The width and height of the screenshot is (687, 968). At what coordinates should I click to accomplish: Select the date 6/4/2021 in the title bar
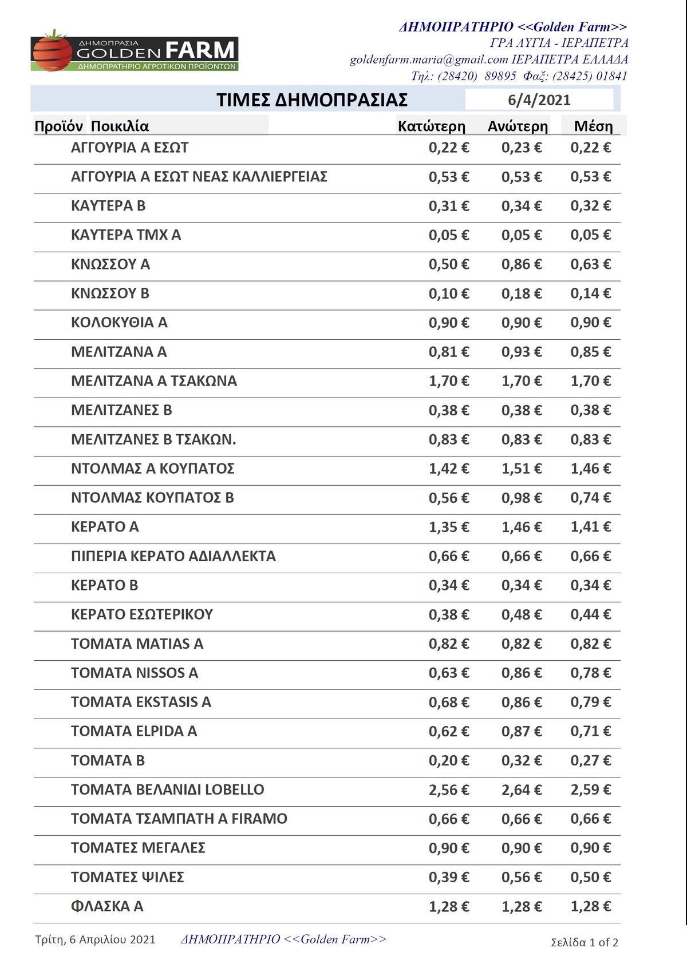pos(539,100)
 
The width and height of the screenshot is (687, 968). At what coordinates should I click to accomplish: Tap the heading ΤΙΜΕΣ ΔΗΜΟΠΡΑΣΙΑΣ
pos(312,100)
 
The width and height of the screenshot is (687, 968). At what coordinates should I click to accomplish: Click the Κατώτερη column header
pos(431,126)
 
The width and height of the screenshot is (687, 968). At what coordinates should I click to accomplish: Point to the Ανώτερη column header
pos(518,126)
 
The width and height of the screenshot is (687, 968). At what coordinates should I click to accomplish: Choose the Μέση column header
pos(593,126)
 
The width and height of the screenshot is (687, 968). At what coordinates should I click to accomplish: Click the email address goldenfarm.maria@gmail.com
pos(429,59)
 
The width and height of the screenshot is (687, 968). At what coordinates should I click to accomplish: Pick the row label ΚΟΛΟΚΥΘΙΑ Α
pos(119,323)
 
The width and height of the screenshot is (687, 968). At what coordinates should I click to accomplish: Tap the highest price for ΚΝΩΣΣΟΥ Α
pos(522,264)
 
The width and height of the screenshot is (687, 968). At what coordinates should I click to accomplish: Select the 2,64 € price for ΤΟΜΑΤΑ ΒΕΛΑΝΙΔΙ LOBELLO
pos(522,790)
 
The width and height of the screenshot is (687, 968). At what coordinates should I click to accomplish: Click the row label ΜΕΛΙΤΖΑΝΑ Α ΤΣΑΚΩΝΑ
pos(153,381)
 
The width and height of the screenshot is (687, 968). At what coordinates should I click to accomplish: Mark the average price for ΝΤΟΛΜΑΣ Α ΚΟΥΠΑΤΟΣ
pos(590,469)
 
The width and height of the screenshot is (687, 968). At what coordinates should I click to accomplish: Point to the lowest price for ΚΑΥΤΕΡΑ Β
pos(449,206)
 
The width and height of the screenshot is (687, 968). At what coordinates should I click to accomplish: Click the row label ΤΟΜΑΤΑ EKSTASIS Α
pos(141,702)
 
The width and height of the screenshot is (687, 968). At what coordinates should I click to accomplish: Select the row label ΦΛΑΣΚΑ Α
pos(107,907)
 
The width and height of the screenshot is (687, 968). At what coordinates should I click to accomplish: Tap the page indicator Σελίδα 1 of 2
pos(584,942)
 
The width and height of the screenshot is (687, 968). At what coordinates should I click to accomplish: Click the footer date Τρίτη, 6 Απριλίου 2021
pos(95,939)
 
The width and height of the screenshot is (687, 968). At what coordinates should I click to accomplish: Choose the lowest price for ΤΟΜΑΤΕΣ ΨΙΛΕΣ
pos(449,878)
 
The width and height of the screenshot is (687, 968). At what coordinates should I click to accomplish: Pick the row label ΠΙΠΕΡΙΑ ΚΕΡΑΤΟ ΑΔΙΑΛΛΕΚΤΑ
pos(173,556)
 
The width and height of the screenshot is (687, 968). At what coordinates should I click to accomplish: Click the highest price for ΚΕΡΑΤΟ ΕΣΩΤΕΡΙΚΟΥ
pos(522,615)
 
